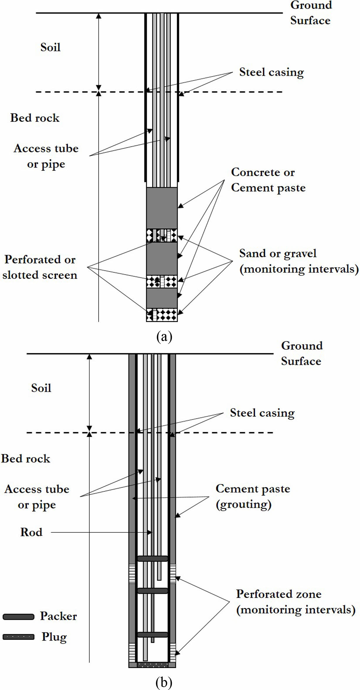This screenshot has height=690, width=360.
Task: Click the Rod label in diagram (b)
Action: click(x=31, y=532)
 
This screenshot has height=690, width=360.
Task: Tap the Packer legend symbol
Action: click(x=18, y=617)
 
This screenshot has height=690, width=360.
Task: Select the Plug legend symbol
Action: click(x=18, y=637)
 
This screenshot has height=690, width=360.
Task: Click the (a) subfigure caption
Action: click(x=164, y=337)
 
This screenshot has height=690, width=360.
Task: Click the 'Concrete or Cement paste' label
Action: click(x=268, y=180)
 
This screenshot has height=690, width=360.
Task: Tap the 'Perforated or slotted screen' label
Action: click(x=40, y=267)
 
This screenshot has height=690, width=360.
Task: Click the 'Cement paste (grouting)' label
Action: click(x=253, y=496)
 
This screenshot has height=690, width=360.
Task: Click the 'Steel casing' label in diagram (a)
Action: click(x=271, y=72)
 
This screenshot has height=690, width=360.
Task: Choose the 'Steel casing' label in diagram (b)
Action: click(x=262, y=413)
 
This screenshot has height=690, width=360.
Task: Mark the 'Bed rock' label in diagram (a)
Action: click(x=35, y=118)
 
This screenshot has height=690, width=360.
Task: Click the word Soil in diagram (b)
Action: click(x=41, y=388)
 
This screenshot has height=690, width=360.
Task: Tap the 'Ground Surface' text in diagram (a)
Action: click(x=311, y=13)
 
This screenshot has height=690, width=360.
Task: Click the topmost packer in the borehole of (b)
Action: click(x=152, y=559)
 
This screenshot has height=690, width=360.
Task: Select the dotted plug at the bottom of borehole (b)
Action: click(x=152, y=665)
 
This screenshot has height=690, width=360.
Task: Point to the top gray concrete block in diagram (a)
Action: click(x=162, y=208)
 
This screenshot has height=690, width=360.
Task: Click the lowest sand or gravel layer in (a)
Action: click(x=162, y=315)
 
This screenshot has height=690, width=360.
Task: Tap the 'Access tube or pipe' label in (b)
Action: click(x=37, y=497)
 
